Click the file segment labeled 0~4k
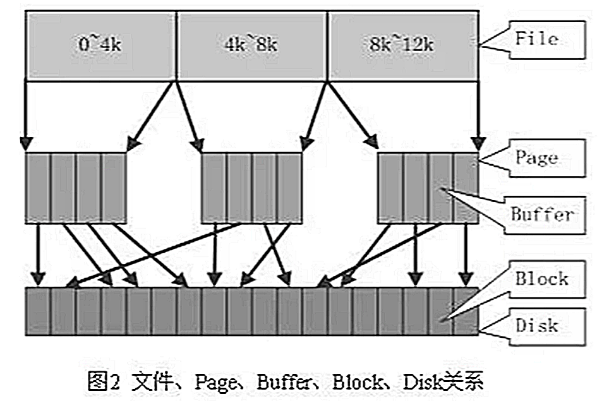pos(100,45)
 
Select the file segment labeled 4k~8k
pos(251,45)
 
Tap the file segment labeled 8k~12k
pos(402,45)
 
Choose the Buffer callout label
pos(542,214)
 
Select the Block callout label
pos(541,278)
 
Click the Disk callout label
pos(537,325)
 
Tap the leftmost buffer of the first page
pos(38,188)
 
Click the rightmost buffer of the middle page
pos(290,188)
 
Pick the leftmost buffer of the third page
pos(390,188)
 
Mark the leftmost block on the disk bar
pos(38,311)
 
